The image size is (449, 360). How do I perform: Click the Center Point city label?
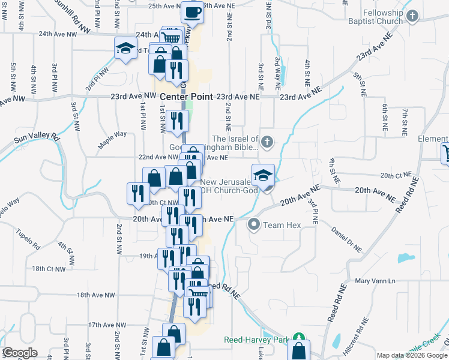(x=185, y=97)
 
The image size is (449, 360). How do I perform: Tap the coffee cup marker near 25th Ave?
(x=192, y=11)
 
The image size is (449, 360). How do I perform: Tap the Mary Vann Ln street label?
(x=376, y=281)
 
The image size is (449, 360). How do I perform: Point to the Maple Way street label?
(x=112, y=139)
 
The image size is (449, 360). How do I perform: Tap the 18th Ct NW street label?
(x=49, y=269)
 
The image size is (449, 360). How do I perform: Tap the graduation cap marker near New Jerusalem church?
(x=263, y=175)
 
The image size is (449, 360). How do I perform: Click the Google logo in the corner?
(x=20, y=353)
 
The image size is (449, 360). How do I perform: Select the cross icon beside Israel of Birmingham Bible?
(x=268, y=142)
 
